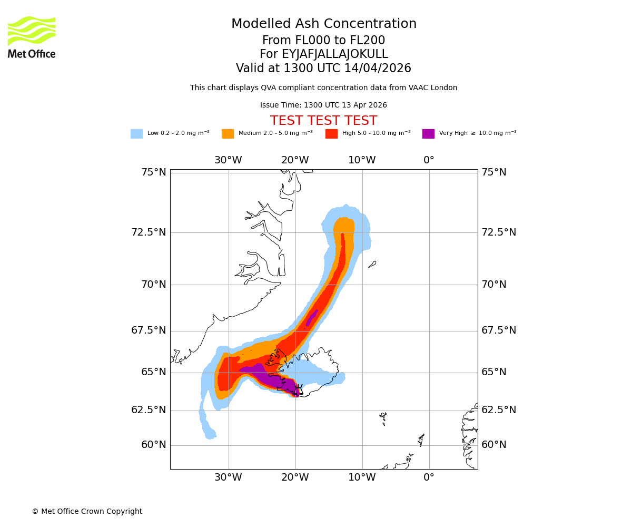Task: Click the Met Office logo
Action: [32, 37]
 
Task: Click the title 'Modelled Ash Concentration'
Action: [324, 24]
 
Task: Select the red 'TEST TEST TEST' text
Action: [323, 121]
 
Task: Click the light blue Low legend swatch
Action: [136, 134]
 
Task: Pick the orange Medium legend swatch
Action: [228, 134]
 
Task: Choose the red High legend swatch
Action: [331, 134]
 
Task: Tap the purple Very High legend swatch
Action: [428, 134]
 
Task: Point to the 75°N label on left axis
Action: [154, 172]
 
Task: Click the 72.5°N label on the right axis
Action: [499, 232]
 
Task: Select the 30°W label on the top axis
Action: [228, 160]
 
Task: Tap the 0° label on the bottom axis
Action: [429, 477]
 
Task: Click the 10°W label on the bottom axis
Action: [362, 477]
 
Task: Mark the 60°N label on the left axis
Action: [154, 445]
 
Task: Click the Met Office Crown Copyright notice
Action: [87, 511]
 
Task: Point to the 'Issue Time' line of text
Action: [323, 105]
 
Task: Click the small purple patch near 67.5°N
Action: [311, 318]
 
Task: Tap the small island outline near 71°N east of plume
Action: [372, 264]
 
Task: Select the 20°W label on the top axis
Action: [295, 160]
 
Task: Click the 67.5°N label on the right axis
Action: [499, 330]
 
